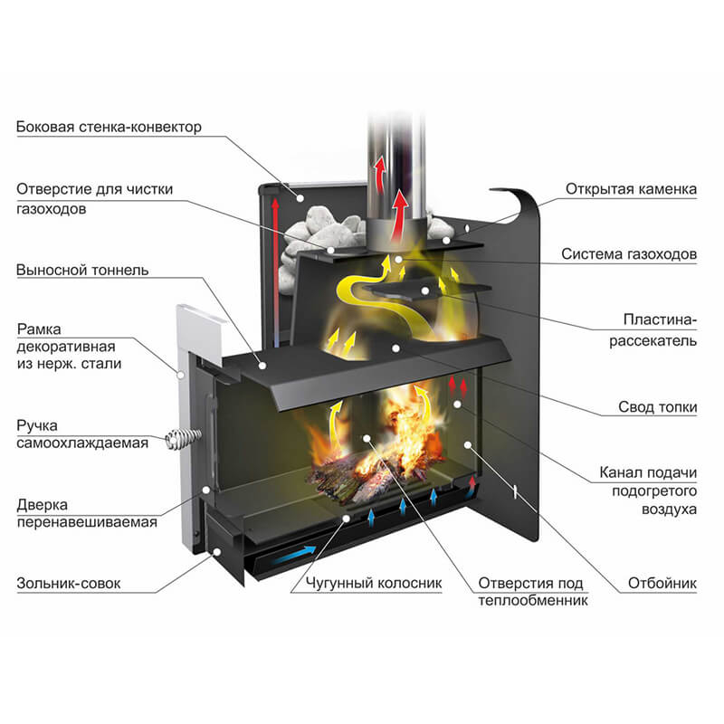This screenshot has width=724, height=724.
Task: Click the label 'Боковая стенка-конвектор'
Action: tap(109, 127)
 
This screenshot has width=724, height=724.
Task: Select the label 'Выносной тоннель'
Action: tap(82, 270)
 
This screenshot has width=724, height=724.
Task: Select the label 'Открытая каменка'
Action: tap(632, 189)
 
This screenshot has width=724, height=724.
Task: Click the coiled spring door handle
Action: tap(178, 441)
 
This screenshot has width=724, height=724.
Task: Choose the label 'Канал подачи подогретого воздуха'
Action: tap(648, 491)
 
